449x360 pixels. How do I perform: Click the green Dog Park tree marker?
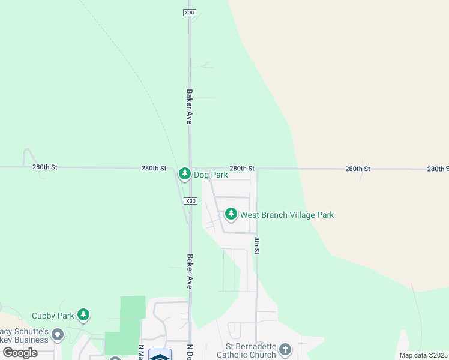point(184,174)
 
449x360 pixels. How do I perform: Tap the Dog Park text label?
point(210,175)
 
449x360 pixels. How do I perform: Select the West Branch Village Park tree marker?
point(231,214)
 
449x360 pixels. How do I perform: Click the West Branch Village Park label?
point(287,214)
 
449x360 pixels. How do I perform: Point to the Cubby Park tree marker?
point(83,314)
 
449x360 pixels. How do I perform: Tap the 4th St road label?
point(256,245)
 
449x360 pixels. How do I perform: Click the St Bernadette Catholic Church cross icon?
point(285,349)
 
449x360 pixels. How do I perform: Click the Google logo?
point(20,352)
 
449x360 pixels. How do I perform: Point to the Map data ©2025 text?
point(424,355)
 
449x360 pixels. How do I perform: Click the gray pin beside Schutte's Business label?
point(58,334)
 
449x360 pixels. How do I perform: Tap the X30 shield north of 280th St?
point(190,13)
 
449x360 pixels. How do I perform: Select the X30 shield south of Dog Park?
point(190,201)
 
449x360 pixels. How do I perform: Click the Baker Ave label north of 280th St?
point(189,107)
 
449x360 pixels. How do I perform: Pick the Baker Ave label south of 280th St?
point(189,272)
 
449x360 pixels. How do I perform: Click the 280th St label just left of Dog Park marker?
point(154,169)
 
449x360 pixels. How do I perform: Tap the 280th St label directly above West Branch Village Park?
point(242,169)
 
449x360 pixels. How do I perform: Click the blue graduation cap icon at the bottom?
point(160,355)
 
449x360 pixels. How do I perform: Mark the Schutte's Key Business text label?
point(24,336)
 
